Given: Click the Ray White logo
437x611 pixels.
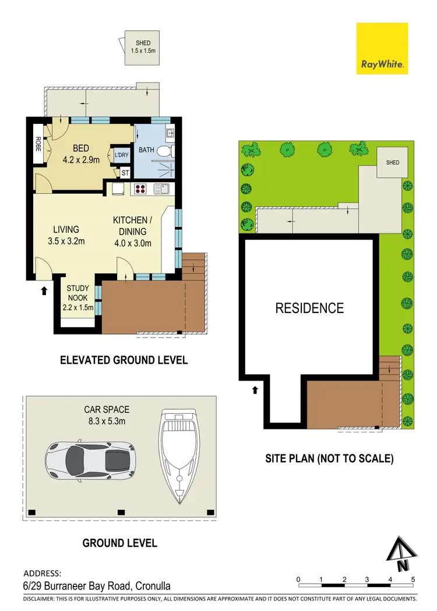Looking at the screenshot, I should click(382, 49).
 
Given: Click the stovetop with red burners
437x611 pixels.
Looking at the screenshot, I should click(142, 188).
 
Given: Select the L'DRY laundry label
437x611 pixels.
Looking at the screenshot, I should click(121, 155).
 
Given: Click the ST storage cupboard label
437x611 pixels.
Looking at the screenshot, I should click(125, 173).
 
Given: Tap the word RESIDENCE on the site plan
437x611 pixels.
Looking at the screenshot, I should click(309, 308).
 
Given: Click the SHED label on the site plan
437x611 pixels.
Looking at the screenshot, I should click(393, 162).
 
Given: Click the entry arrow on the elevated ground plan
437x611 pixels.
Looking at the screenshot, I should click(44, 289).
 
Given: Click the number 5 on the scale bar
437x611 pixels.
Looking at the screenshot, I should click(413, 580).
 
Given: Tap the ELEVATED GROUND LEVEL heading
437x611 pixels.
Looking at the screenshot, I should click(124, 360).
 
